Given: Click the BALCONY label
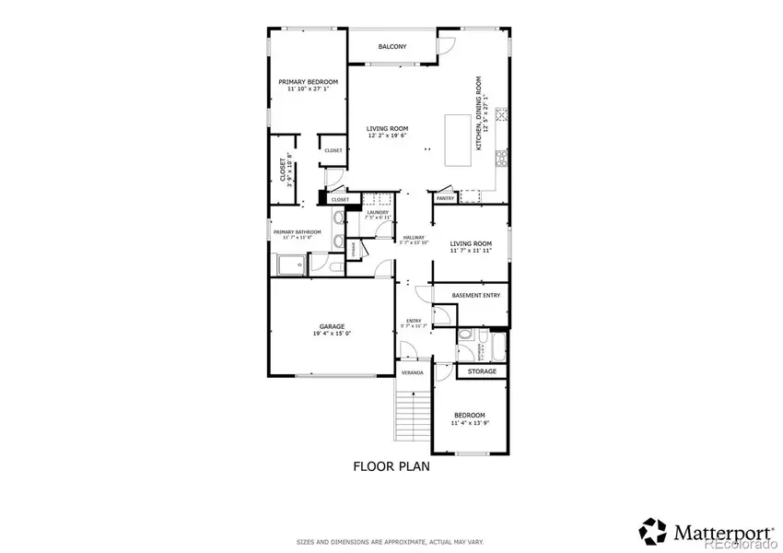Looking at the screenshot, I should pyautogui.click(x=392, y=46).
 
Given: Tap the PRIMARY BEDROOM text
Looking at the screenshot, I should pyautogui.click(x=309, y=82).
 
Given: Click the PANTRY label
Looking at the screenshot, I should pyautogui.click(x=446, y=198).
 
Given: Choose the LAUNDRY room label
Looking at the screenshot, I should pyautogui.click(x=378, y=213).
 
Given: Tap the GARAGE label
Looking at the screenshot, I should pyautogui.click(x=332, y=326).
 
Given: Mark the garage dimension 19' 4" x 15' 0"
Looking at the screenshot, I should pyautogui.click(x=332, y=335).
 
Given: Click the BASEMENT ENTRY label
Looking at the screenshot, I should pyautogui.click(x=476, y=296).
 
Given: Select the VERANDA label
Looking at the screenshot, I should pyautogui.click(x=412, y=372).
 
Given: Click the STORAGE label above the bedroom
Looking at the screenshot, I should pyautogui.click(x=482, y=371).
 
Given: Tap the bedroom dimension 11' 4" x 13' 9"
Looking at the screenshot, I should pyautogui.click(x=472, y=424).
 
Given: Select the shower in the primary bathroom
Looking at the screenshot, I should pyautogui.click(x=291, y=265).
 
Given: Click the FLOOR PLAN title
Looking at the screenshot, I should pyautogui.click(x=391, y=466).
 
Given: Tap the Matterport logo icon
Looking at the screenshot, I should pyautogui.click(x=653, y=530).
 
